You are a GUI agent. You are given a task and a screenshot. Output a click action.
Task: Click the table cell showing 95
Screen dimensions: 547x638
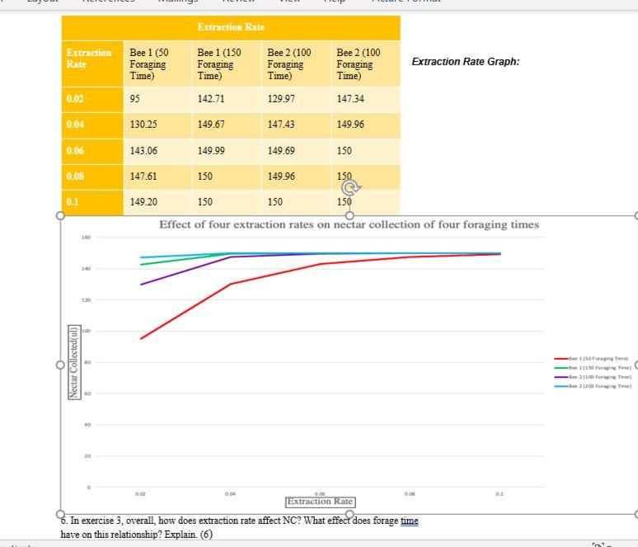pyautogui.click(x=135, y=99)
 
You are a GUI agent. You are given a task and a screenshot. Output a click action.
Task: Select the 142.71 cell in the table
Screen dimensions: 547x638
pyautogui.click(x=212, y=99)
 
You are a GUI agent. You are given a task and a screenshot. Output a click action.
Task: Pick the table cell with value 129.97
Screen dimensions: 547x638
pyautogui.click(x=281, y=99)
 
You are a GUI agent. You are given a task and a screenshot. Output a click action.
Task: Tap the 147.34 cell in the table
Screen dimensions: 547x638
pyautogui.click(x=350, y=99)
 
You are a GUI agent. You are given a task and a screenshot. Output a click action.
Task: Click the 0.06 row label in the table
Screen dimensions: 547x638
pyautogui.click(x=75, y=150)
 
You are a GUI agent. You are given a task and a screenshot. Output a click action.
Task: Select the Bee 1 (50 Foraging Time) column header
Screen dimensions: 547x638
pyautogui.click(x=148, y=64)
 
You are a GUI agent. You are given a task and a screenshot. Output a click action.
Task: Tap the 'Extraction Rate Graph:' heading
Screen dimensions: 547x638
pyautogui.click(x=465, y=62)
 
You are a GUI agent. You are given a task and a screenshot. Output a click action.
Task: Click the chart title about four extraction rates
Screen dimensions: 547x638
pyautogui.click(x=349, y=224)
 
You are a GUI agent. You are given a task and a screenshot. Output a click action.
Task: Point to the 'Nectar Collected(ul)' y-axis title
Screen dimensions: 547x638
pyautogui.click(x=73, y=362)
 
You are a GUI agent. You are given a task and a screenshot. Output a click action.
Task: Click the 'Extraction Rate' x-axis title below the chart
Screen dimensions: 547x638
pyautogui.click(x=320, y=501)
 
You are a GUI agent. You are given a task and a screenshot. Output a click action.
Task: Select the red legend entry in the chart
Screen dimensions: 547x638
pyautogui.click(x=593, y=359)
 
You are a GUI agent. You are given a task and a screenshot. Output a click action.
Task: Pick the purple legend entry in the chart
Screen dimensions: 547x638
pyautogui.click(x=593, y=375)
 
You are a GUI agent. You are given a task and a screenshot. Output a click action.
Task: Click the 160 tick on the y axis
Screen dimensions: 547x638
pyautogui.click(x=86, y=238)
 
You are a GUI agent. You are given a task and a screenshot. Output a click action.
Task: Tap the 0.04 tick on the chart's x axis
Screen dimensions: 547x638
pyautogui.click(x=231, y=494)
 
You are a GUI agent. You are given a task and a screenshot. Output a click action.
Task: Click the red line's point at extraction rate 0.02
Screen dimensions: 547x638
pyautogui.click(x=141, y=338)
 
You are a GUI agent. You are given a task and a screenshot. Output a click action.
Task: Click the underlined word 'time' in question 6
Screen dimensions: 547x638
pyautogui.click(x=409, y=521)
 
